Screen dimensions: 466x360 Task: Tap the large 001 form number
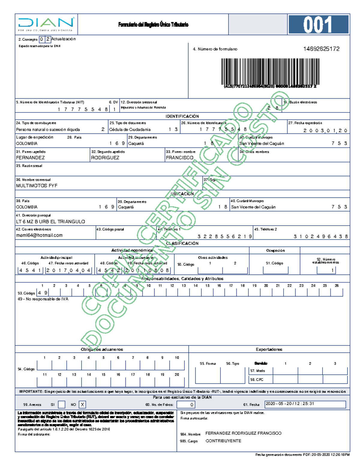318,25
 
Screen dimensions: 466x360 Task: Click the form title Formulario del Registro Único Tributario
153,25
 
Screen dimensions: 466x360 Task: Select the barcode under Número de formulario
270,72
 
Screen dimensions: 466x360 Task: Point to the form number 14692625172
321,49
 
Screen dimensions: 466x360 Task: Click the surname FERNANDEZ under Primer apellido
30,158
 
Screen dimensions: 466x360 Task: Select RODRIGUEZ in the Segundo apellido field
105,158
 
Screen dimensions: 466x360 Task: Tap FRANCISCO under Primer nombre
179,158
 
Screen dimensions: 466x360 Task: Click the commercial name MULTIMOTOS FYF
37,186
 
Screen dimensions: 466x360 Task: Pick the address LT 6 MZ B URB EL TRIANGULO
50,222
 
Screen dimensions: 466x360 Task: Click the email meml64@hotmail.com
39,235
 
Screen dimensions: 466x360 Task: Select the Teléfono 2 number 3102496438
321,236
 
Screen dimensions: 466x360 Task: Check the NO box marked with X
82,404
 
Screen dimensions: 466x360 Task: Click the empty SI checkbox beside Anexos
61,404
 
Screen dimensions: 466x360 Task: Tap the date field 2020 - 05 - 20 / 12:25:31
305,404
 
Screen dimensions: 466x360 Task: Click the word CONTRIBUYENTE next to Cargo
223,441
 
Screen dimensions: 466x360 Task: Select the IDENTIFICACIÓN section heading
182,116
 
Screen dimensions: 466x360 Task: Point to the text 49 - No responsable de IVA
43,299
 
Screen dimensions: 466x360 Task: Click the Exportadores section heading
269,349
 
